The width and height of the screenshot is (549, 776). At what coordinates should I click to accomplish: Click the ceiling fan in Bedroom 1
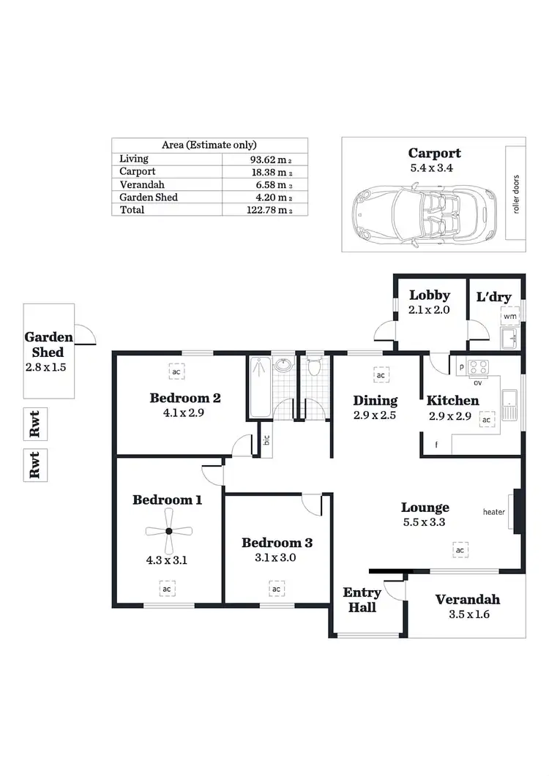(168, 532)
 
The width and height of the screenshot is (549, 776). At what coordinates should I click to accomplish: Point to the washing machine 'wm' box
(510, 316)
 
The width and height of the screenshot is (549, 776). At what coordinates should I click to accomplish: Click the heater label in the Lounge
(493, 512)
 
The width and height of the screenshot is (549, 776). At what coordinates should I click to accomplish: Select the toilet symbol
(314, 365)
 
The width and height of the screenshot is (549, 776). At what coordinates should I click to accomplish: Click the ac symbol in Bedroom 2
(176, 372)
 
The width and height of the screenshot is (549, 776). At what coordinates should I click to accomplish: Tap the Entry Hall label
(359, 600)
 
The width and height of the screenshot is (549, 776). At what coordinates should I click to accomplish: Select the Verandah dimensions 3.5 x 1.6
(468, 614)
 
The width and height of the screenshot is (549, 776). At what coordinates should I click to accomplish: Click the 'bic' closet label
(266, 440)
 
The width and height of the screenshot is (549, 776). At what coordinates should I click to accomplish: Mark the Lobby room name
(429, 295)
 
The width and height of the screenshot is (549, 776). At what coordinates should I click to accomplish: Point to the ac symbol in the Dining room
(380, 376)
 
